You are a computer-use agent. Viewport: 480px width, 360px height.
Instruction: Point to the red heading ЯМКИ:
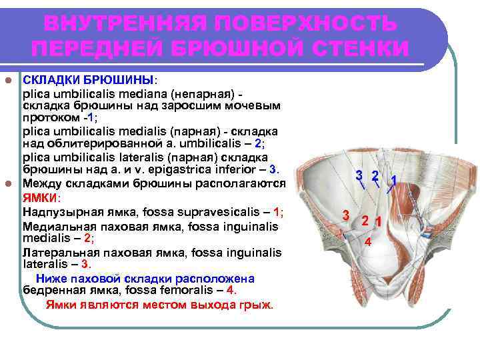click(x=41, y=198)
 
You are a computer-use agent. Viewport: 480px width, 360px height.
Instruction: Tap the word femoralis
click(x=191, y=290)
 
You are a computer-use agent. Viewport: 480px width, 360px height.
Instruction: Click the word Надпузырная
click(x=55, y=213)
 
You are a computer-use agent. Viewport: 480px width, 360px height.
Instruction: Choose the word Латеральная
click(x=54, y=253)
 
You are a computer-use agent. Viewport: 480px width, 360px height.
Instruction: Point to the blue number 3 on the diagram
click(x=359, y=175)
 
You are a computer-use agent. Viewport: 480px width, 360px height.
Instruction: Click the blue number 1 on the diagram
click(x=395, y=180)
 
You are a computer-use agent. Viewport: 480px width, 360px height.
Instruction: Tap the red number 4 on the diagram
click(x=367, y=242)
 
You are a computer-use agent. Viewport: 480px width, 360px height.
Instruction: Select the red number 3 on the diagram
click(x=345, y=215)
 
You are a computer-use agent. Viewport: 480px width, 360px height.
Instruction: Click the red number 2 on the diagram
click(x=365, y=221)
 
